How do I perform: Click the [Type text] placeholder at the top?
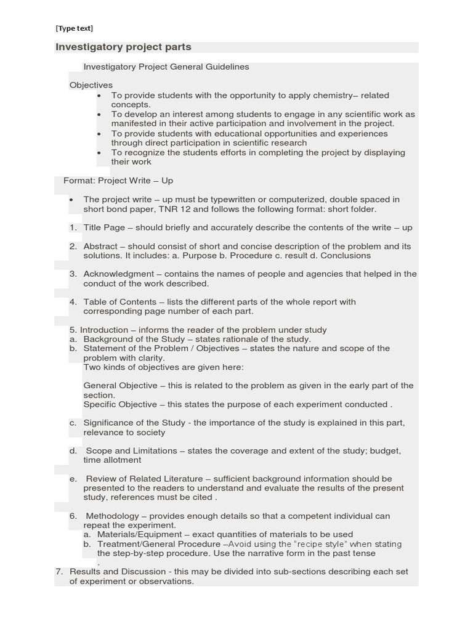tap(75, 28)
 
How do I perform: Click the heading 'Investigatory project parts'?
tap(124, 47)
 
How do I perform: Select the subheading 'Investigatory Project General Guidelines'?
tap(166, 67)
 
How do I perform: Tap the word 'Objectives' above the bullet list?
tap(91, 85)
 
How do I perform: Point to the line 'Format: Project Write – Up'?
tap(118, 181)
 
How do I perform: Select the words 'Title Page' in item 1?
tap(104, 227)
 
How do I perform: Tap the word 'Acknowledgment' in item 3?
tap(118, 274)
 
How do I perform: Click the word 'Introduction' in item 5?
tap(103, 330)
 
